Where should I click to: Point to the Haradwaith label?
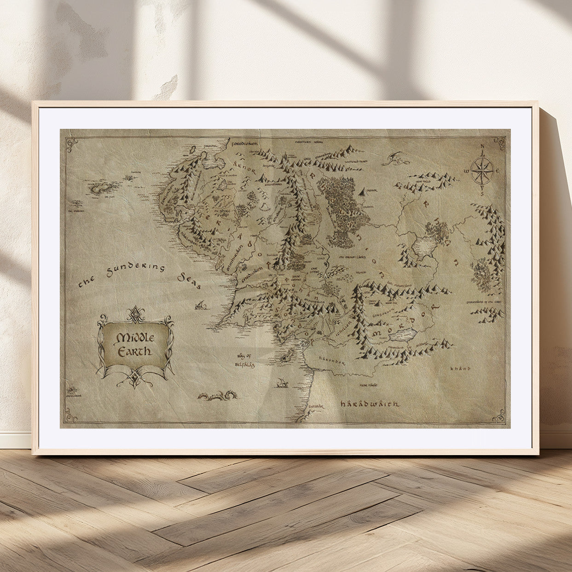[370, 404]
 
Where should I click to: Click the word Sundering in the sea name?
[135, 269]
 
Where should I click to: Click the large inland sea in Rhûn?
[424, 247]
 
